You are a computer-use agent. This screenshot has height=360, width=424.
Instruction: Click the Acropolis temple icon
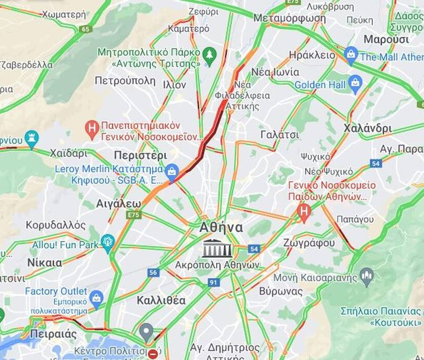pos(217,248)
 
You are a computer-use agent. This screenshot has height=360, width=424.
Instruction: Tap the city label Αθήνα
pos(221,228)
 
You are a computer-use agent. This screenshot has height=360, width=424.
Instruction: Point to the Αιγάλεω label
pos(118,203)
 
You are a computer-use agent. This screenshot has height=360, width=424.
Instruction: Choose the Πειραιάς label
pos(53,334)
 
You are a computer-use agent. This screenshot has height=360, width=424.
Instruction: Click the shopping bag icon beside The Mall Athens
pos(351,55)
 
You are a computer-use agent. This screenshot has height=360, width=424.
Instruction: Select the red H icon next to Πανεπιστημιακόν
pos(92,129)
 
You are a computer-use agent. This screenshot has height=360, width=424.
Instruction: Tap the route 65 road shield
pos(86,29)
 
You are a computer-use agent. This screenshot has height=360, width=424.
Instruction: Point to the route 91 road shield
pos(214,282)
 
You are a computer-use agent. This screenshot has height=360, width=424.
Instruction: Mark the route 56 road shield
pos(153,273)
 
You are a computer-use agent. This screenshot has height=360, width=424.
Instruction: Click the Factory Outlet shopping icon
pos(96,298)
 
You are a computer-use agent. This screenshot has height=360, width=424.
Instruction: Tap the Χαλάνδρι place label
pos(368,128)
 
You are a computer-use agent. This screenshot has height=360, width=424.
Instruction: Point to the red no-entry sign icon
pos(154,354)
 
